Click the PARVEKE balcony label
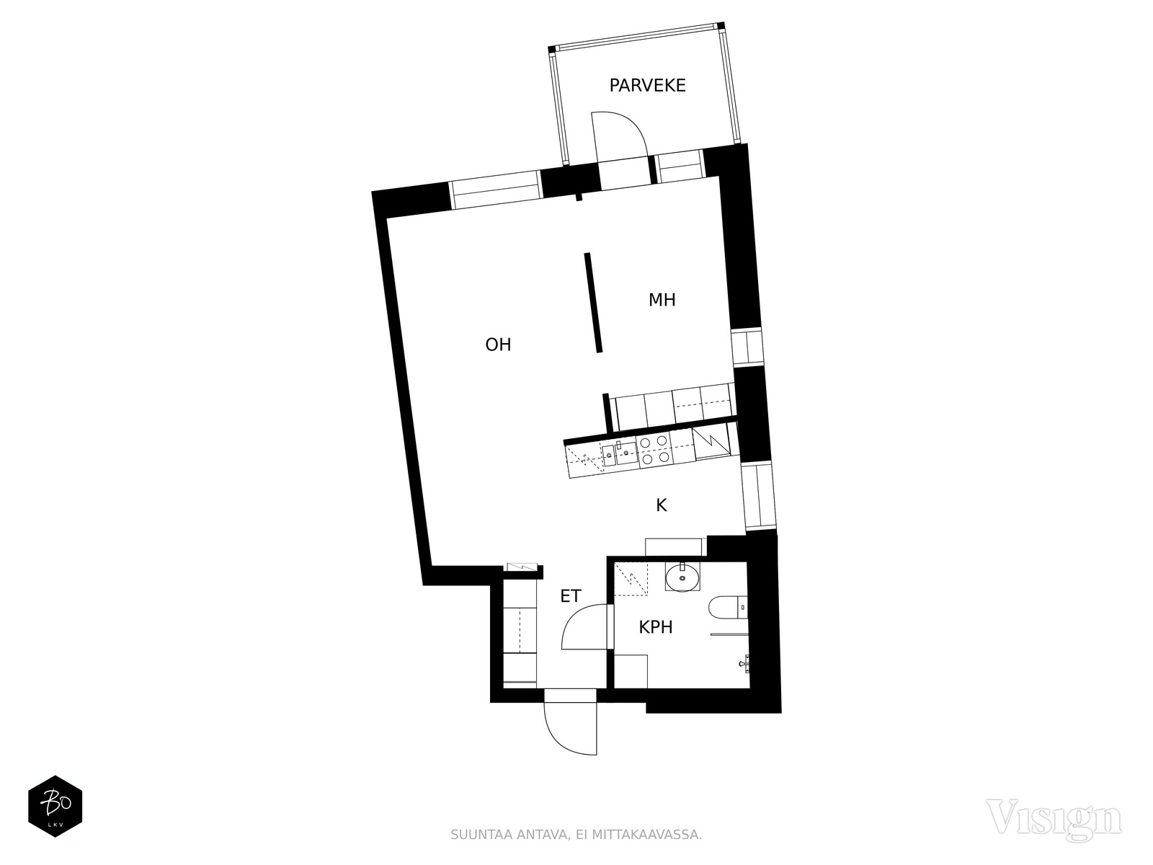pyautogui.click(x=647, y=86)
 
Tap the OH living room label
pyautogui.click(x=498, y=345)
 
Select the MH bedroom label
pyautogui.click(x=662, y=300)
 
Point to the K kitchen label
pyautogui.click(x=662, y=506)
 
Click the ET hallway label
pyautogui.click(x=571, y=596)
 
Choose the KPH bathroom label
pyautogui.click(x=656, y=627)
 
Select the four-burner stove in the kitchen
pyautogui.click(x=654, y=451)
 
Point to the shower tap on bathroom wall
pyautogui.click(x=744, y=661)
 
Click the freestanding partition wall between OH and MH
pyautogui.click(x=592, y=303)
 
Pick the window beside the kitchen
pyautogui.click(x=758, y=495)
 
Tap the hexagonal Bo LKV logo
pyautogui.click(x=55, y=806)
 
